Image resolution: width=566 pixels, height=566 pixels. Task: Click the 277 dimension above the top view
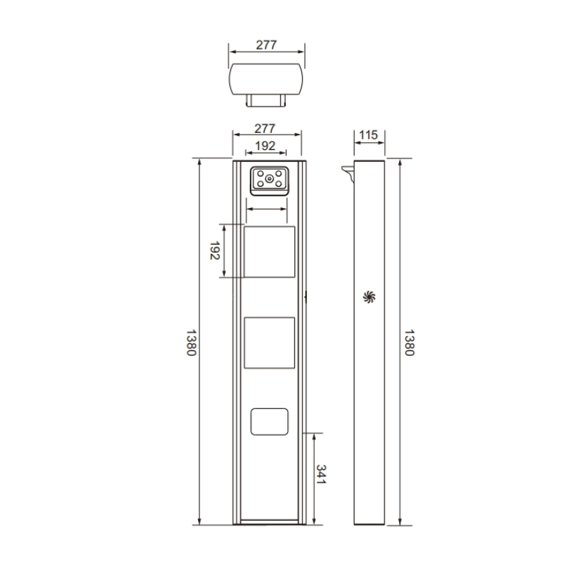[266, 45]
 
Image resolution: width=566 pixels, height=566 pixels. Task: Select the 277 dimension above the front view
[266, 129]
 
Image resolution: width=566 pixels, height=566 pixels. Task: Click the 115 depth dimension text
[369, 135]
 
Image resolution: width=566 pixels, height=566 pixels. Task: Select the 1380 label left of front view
[190, 342]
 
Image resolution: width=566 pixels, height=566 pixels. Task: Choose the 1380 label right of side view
[408, 342]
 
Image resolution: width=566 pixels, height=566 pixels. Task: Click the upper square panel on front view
[269, 252]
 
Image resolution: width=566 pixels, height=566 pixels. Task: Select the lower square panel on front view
[269, 342]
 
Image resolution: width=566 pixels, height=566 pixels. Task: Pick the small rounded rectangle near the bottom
[269, 422]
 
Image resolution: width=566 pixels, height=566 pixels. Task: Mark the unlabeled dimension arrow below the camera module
[267, 209]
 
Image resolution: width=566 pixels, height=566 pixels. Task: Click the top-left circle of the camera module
[260, 173]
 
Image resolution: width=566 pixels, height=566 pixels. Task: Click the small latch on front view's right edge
[306, 296]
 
